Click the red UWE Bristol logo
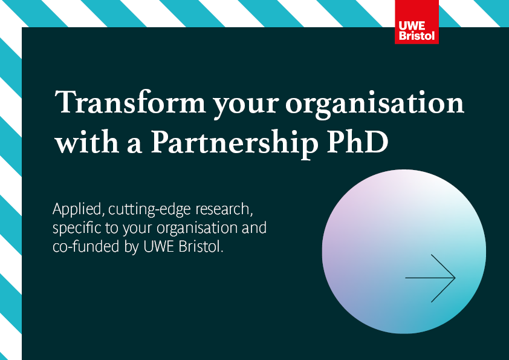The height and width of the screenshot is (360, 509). click(417, 22)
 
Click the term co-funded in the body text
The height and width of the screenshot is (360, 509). click(81, 247)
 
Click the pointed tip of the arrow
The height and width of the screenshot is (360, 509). click(454, 278)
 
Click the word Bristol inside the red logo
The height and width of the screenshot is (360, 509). click(417, 35)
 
